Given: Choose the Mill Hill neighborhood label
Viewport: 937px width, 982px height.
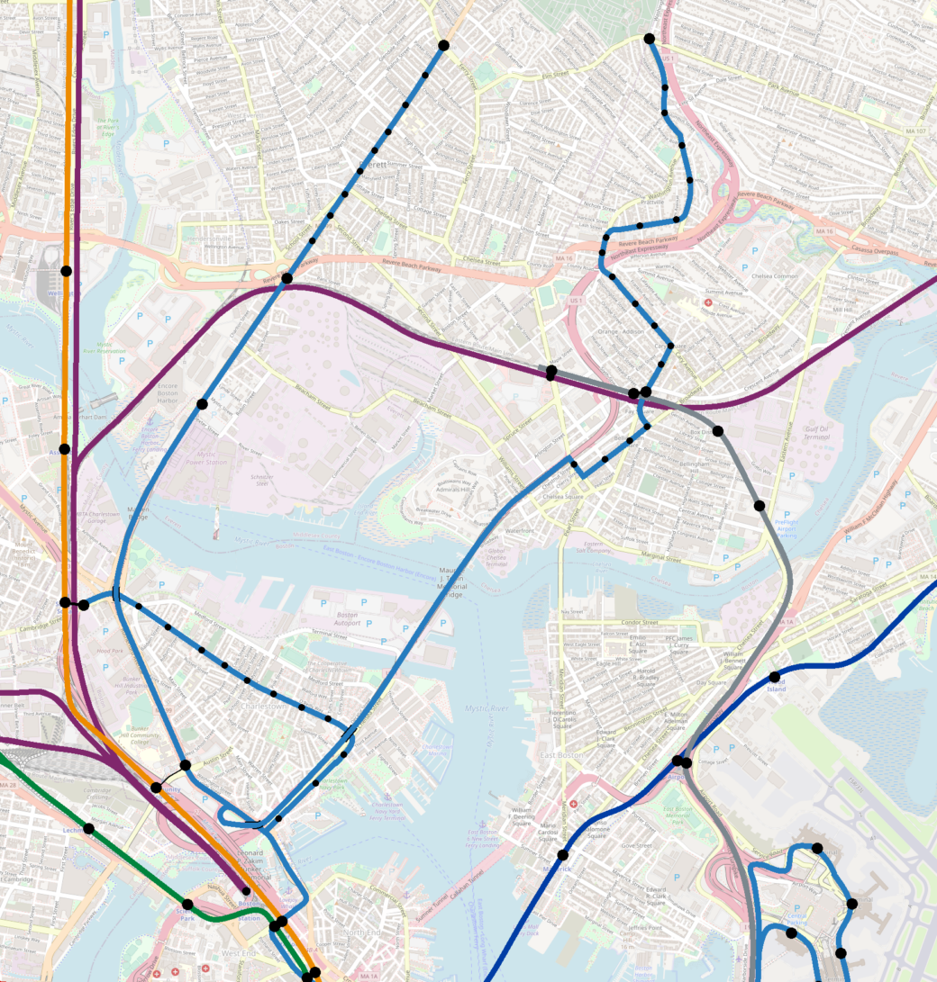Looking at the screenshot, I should pos(842,310).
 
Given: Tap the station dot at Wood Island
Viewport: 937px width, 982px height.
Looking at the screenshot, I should pos(774,677).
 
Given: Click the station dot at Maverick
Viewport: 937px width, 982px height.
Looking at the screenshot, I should pos(562,855).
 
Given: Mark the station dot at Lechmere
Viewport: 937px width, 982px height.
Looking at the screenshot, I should pos(88,828).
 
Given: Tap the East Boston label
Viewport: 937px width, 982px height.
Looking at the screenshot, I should pos(559,754).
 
